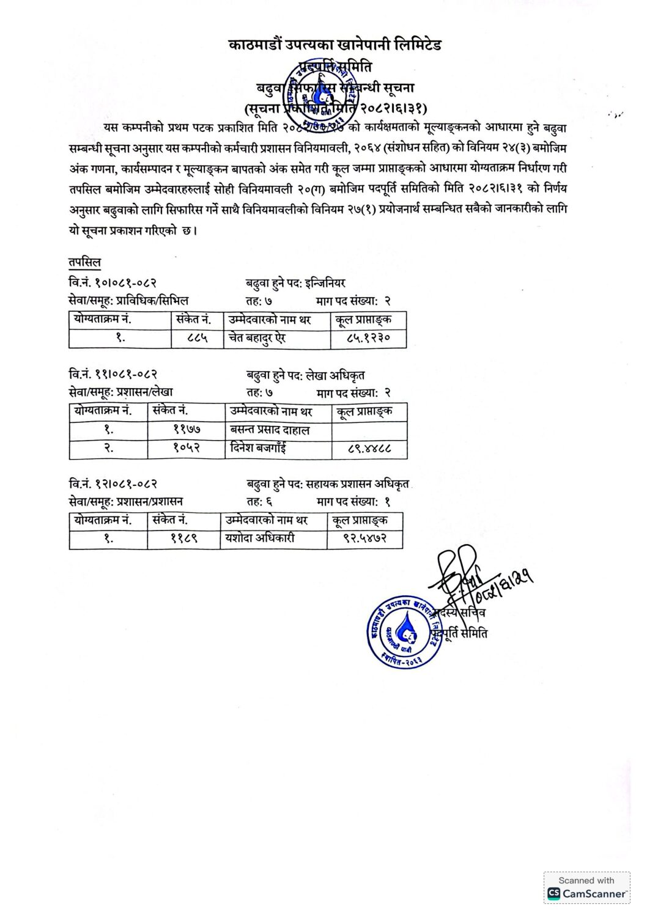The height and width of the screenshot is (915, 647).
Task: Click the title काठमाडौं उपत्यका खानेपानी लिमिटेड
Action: (x=335, y=45)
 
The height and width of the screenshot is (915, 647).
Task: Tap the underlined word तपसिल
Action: (x=84, y=262)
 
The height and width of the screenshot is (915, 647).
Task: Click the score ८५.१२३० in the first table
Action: (x=368, y=338)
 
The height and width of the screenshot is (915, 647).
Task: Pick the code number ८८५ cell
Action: (x=196, y=338)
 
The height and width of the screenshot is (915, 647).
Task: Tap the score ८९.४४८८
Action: (x=369, y=449)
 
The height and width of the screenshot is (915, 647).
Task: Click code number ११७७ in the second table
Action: (x=187, y=430)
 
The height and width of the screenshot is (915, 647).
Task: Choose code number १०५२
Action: (x=187, y=449)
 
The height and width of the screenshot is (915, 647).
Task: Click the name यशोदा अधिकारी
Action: (x=260, y=538)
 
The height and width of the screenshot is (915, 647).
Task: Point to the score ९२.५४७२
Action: (x=364, y=538)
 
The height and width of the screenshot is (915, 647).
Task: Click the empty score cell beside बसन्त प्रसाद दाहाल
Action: (x=369, y=430)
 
